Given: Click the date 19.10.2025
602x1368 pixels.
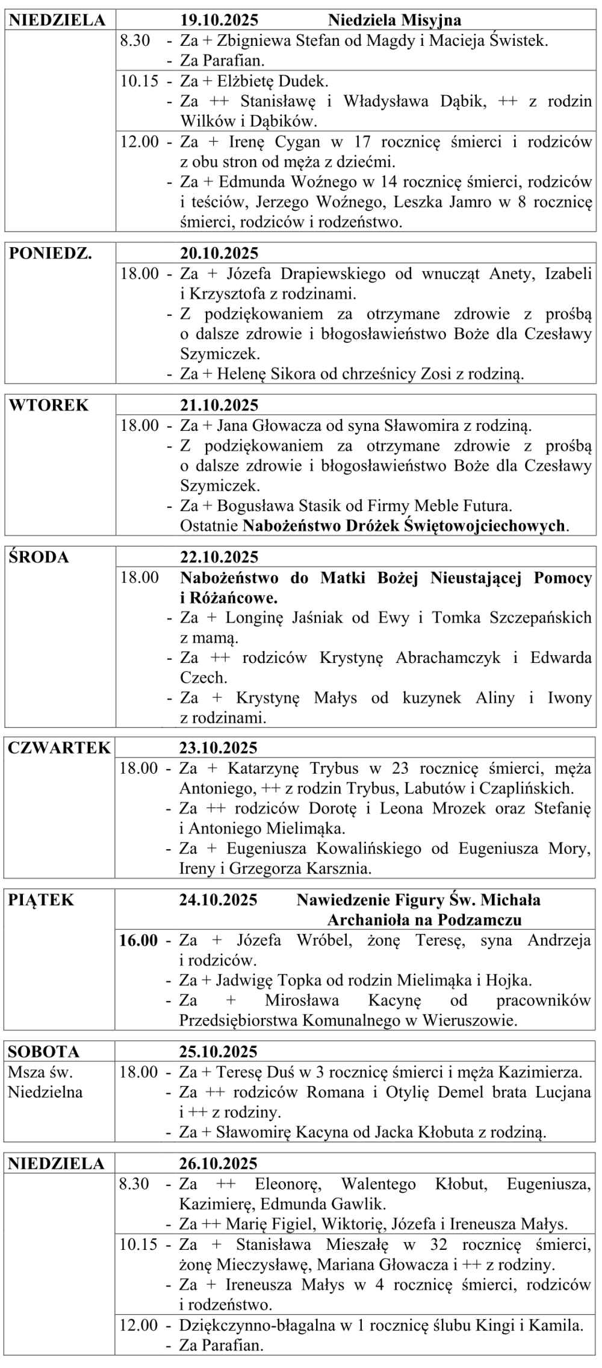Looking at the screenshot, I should pyautogui.click(x=219, y=20).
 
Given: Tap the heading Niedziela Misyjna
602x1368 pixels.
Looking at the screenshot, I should pyautogui.click(x=394, y=20).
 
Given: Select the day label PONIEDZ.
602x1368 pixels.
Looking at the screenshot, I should pyautogui.click(x=51, y=253).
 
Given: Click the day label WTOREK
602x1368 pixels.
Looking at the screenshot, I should pyautogui.click(x=49, y=405).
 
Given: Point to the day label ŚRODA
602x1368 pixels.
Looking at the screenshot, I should pyautogui.click(x=39, y=557).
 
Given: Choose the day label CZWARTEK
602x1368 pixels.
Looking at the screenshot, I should pyautogui.click(x=59, y=748).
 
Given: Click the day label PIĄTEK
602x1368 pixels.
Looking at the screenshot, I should pyautogui.click(x=41, y=900).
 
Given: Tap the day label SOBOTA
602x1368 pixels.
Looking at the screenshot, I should pyautogui.click(x=43, y=1052).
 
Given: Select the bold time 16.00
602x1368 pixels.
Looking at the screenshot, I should pyautogui.click(x=138, y=940).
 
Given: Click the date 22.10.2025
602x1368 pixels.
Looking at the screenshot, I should pyautogui.click(x=219, y=557).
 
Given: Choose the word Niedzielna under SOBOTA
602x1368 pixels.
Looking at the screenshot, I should pyautogui.click(x=45, y=1092).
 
